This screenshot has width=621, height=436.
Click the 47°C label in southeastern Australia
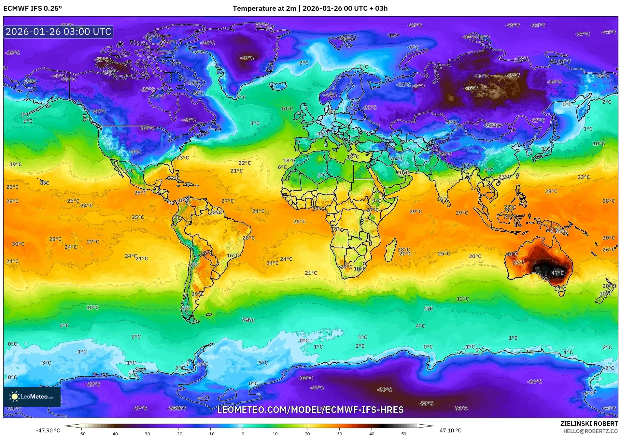557,273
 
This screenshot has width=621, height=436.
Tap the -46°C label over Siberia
471,88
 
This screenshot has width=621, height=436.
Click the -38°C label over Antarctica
426,403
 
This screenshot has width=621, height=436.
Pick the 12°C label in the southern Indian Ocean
462,299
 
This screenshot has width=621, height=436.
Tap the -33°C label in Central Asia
445,154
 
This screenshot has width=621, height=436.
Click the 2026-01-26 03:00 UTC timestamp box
58,32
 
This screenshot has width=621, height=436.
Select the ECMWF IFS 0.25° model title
33,8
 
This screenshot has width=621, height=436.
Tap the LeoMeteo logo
32,397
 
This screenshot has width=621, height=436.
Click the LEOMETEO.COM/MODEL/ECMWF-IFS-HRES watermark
310,410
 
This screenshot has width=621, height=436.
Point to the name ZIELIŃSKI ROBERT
589,424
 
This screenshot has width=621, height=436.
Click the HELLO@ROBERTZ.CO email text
590,431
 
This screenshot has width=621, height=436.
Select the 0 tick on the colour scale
243,433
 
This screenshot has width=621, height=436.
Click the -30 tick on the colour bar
146,433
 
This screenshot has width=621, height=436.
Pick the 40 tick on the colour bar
372,433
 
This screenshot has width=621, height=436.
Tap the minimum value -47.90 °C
48,430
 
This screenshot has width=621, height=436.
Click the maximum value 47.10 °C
450,430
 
